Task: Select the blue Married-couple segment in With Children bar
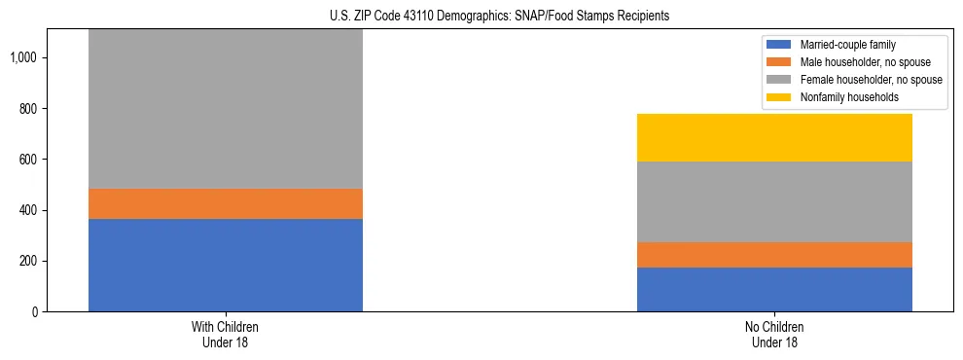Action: coord(226,265)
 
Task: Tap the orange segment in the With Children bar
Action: coord(226,203)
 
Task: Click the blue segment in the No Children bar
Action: coord(774,289)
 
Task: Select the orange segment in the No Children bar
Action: coord(774,255)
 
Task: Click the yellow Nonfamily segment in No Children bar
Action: coord(774,137)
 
